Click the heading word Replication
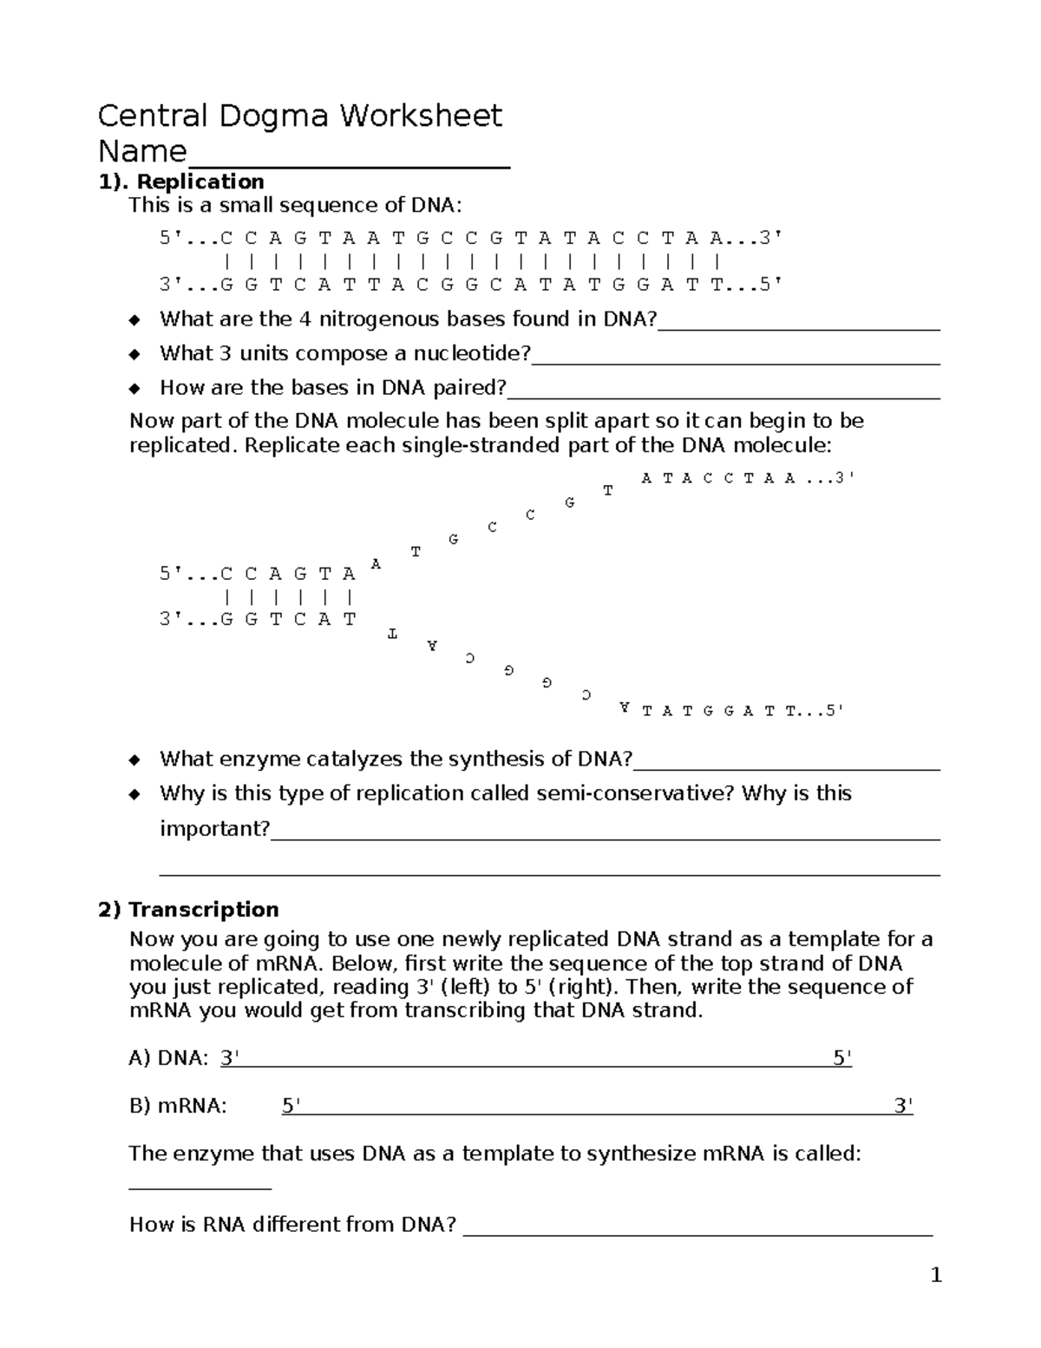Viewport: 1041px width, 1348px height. coord(200,181)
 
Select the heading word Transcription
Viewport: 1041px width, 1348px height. coord(203,909)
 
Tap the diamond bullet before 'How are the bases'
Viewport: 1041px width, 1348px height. coord(134,388)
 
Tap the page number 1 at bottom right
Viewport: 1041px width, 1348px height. coord(935,1275)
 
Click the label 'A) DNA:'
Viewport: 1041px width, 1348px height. coord(168,1057)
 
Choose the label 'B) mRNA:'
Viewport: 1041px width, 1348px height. coord(178,1105)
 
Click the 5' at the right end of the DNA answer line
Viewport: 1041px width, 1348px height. coord(841,1057)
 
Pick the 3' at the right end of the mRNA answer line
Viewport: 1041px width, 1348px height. coord(903,1105)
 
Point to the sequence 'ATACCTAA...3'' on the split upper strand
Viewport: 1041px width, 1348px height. coord(747,478)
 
